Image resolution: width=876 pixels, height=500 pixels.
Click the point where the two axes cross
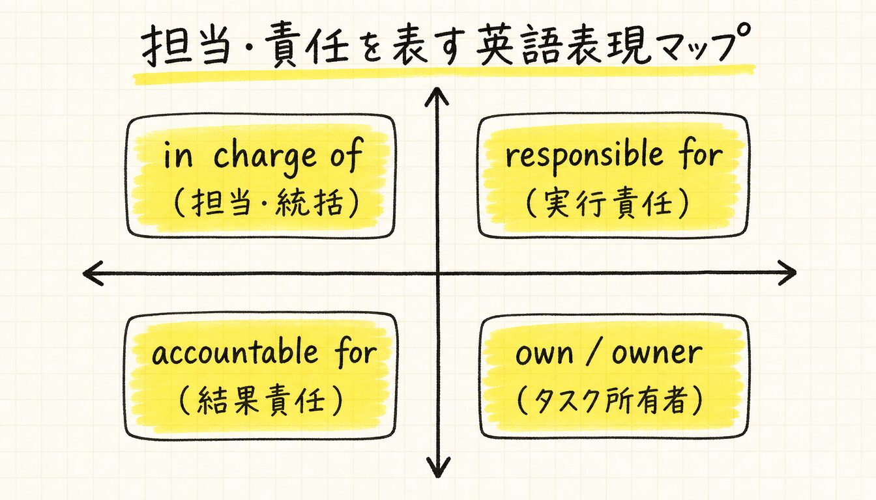point(437,273)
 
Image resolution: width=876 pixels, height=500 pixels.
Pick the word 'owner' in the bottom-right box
point(657,354)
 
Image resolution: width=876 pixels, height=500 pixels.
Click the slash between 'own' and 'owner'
point(592,353)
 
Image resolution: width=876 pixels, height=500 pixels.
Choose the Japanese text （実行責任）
point(607,204)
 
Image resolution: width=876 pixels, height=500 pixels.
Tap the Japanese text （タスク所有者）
point(609,401)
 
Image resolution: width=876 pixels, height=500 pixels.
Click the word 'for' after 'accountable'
point(355,352)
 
